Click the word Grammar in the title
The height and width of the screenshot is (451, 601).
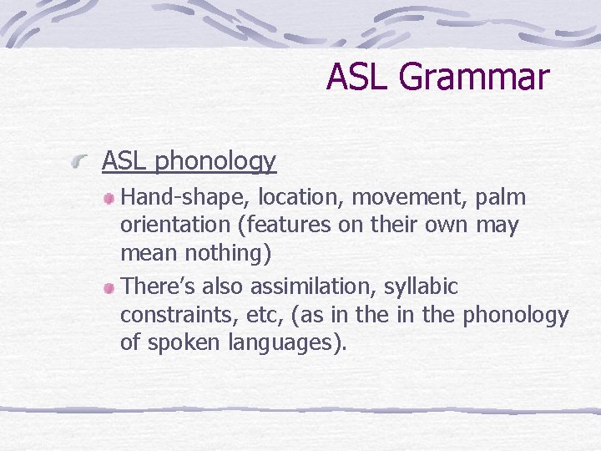[x=474, y=77]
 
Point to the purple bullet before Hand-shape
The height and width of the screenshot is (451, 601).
[x=110, y=199]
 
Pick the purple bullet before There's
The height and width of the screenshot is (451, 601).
[x=110, y=288]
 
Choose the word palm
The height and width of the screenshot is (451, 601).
[x=501, y=198]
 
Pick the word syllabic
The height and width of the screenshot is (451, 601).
[x=421, y=287]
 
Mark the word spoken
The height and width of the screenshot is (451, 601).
[x=181, y=342]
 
